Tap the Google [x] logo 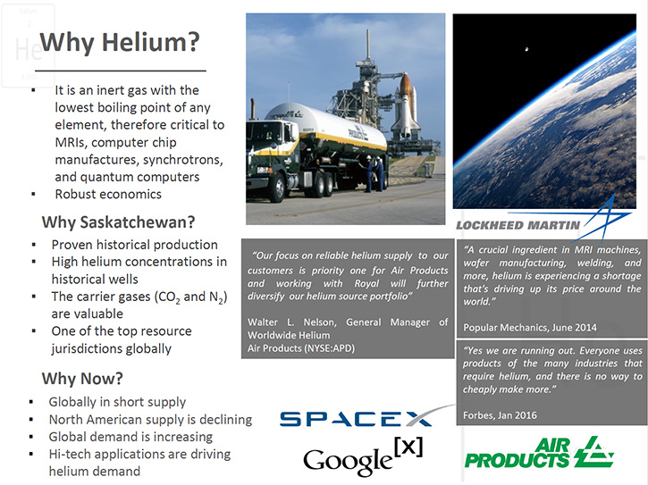pyautogui.click(x=363, y=457)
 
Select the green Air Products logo pyautogui.click(x=539, y=452)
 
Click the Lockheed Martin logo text pyautogui.click(x=518, y=225)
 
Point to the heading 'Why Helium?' pyautogui.click(x=120, y=43)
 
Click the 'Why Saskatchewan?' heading pyautogui.click(x=118, y=222)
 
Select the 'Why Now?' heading pyautogui.click(x=82, y=379)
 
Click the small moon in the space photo pyautogui.click(x=526, y=50)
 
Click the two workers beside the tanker pyautogui.click(x=374, y=173)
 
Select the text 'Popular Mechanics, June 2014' pyautogui.click(x=530, y=328)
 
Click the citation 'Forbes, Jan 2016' pyautogui.click(x=500, y=415)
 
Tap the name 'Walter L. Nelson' pyautogui.click(x=291, y=322)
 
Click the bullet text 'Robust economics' pyautogui.click(x=108, y=194)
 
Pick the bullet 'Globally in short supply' pyautogui.click(x=117, y=402)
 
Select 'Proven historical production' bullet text pyautogui.click(x=134, y=245)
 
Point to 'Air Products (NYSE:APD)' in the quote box pyautogui.click(x=301, y=348)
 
